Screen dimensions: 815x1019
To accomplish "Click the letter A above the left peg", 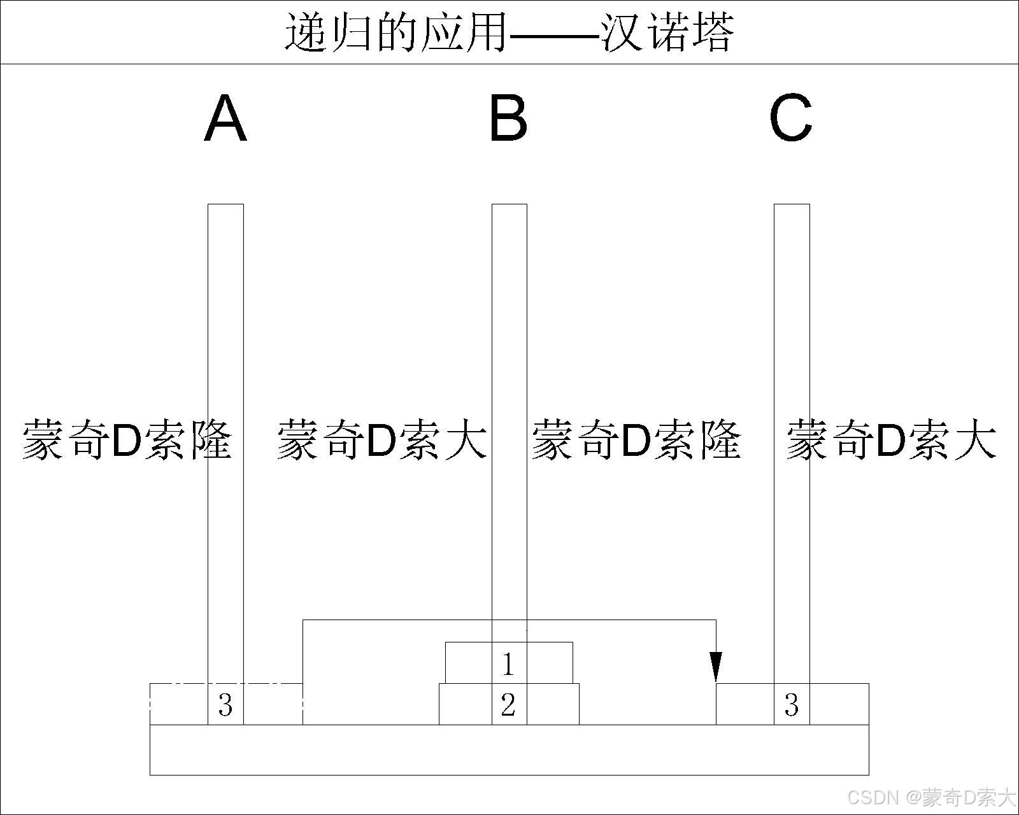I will click(225, 118).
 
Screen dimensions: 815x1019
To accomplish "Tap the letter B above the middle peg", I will click(508, 118).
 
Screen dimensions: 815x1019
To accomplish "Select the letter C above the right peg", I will click(790, 118).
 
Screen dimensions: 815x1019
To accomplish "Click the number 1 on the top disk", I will click(508, 664).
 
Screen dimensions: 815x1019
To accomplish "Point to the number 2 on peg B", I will click(508, 705).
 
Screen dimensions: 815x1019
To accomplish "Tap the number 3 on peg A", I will click(225, 705).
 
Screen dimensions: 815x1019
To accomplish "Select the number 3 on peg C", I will click(792, 705).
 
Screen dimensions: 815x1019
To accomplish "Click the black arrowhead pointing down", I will click(716, 667).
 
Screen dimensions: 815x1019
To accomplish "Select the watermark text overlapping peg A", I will click(127, 439).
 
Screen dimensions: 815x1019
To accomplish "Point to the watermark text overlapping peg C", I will click(892, 439).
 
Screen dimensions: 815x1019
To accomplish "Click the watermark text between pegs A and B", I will click(382, 439).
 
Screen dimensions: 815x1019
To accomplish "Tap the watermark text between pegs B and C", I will click(637, 439).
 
